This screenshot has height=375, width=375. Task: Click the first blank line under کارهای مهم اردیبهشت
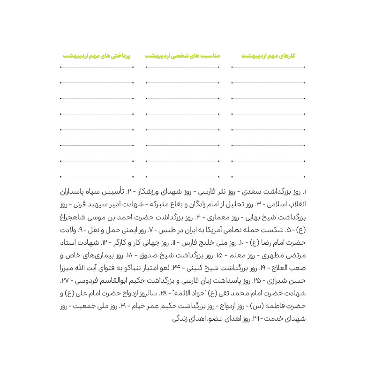click(268, 67)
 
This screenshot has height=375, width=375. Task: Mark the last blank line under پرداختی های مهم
click(96, 177)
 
